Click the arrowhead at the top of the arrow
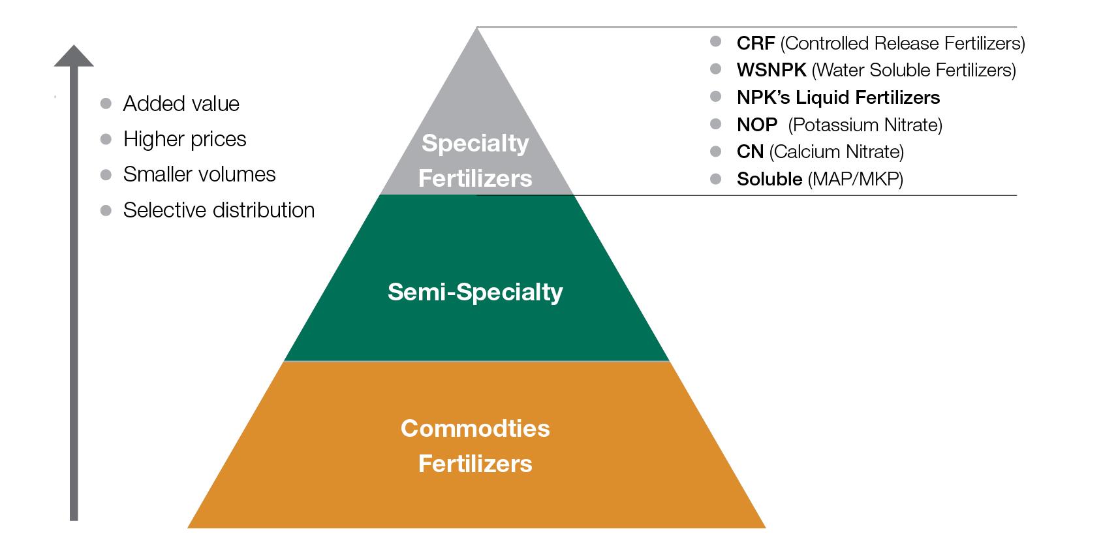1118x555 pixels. [x=74, y=56]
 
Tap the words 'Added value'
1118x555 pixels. [x=181, y=104]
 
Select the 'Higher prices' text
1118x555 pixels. [x=185, y=139]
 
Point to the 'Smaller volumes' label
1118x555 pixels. [x=199, y=174]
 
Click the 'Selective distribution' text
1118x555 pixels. [x=219, y=210]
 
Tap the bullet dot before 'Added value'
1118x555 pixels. [x=106, y=103]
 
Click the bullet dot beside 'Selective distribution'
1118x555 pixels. [x=106, y=210]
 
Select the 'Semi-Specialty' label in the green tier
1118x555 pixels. [x=475, y=292]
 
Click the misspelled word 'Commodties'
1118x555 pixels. [x=475, y=428]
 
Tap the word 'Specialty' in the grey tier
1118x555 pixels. [x=475, y=143]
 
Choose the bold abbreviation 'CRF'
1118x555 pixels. [x=755, y=43]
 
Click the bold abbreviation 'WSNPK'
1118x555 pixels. [x=771, y=70]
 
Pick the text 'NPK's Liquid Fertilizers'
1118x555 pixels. [x=838, y=97]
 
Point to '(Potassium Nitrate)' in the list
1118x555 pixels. [x=865, y=125]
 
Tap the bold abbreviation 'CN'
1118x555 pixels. [x=750, y=151]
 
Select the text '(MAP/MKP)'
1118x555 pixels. [x=855, y=179]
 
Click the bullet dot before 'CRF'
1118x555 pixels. [x=716, y=42]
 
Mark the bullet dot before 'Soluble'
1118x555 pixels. [x=716, y=178]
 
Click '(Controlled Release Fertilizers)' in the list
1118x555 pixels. [x=902, y=43]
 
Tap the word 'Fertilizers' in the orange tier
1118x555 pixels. [x=475, y=464]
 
